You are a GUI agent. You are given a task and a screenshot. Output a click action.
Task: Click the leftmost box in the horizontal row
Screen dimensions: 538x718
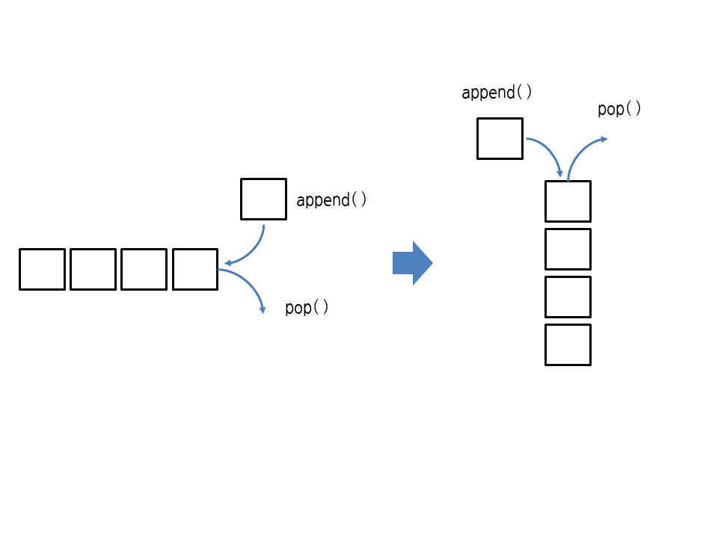tap(42, 269)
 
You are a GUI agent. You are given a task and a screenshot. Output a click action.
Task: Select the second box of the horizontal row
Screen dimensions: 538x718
tap(93, 269)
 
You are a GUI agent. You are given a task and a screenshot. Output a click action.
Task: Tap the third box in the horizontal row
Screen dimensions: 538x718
tap(144, 269)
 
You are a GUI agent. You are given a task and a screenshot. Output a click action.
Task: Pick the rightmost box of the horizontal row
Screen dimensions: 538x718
tap(195, 269)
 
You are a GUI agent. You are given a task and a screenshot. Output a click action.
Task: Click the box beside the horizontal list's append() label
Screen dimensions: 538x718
tap(263, 199)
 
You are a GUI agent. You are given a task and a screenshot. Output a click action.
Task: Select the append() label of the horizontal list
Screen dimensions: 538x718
tap(331, 200)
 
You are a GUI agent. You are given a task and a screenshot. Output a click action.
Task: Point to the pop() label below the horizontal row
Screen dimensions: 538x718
tap(307, 308)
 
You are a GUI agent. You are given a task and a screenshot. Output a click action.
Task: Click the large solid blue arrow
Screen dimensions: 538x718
tap(410, 263)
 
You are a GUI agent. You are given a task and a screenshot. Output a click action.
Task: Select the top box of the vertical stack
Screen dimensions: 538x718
tap(568, 201)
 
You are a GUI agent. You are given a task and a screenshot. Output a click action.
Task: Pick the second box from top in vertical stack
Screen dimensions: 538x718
tap(568, 249)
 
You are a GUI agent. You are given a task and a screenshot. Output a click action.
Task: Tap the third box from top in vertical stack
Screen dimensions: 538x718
tap(568, 297)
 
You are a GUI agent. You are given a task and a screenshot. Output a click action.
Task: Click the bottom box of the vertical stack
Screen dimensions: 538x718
tap(568, 344)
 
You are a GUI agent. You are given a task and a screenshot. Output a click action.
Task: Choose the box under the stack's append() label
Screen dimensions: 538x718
tap(500, 138)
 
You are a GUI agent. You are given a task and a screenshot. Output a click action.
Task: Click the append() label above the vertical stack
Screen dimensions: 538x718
tap(497, 93)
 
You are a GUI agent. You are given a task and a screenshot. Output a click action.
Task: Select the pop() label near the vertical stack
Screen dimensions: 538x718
tap(619, 109)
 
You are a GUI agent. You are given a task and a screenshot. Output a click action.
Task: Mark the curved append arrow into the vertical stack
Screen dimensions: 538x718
tap(550, 150)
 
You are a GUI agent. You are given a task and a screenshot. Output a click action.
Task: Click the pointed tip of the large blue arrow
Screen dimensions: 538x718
tap(431, 263)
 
